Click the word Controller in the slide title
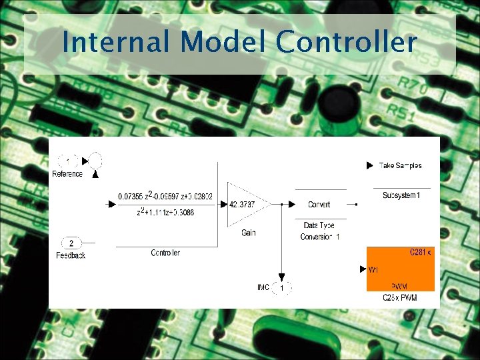click(x=346, y=43)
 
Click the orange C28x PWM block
click(x=400, y=269)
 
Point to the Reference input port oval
click(x=68, y=161)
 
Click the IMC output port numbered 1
click(x=282, y=287)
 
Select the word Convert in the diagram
click(x=319, y=205)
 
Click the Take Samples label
click(x=400, y=165)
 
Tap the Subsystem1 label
click(x=401, y=195)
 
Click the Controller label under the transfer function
click(x=165, y=253)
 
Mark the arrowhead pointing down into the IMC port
click(x=282, y=276)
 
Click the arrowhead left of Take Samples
click(x=370, y=165)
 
